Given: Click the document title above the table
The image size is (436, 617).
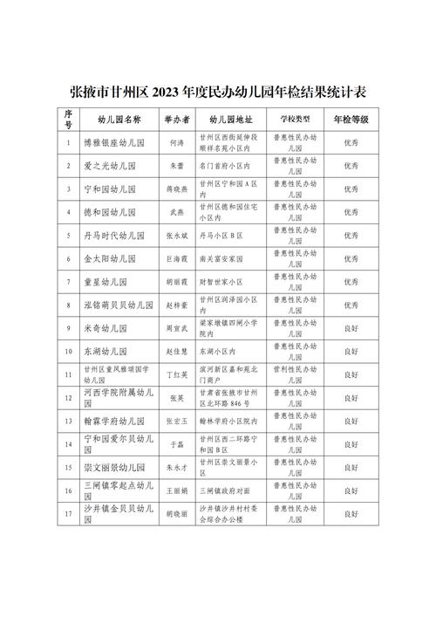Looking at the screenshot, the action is coord(217,91).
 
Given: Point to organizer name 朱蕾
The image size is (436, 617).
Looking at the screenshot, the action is coord(174,165).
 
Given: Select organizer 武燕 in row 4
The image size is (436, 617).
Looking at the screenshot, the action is coord(174,212).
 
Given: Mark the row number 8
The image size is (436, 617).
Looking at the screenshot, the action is coord(68,306).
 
